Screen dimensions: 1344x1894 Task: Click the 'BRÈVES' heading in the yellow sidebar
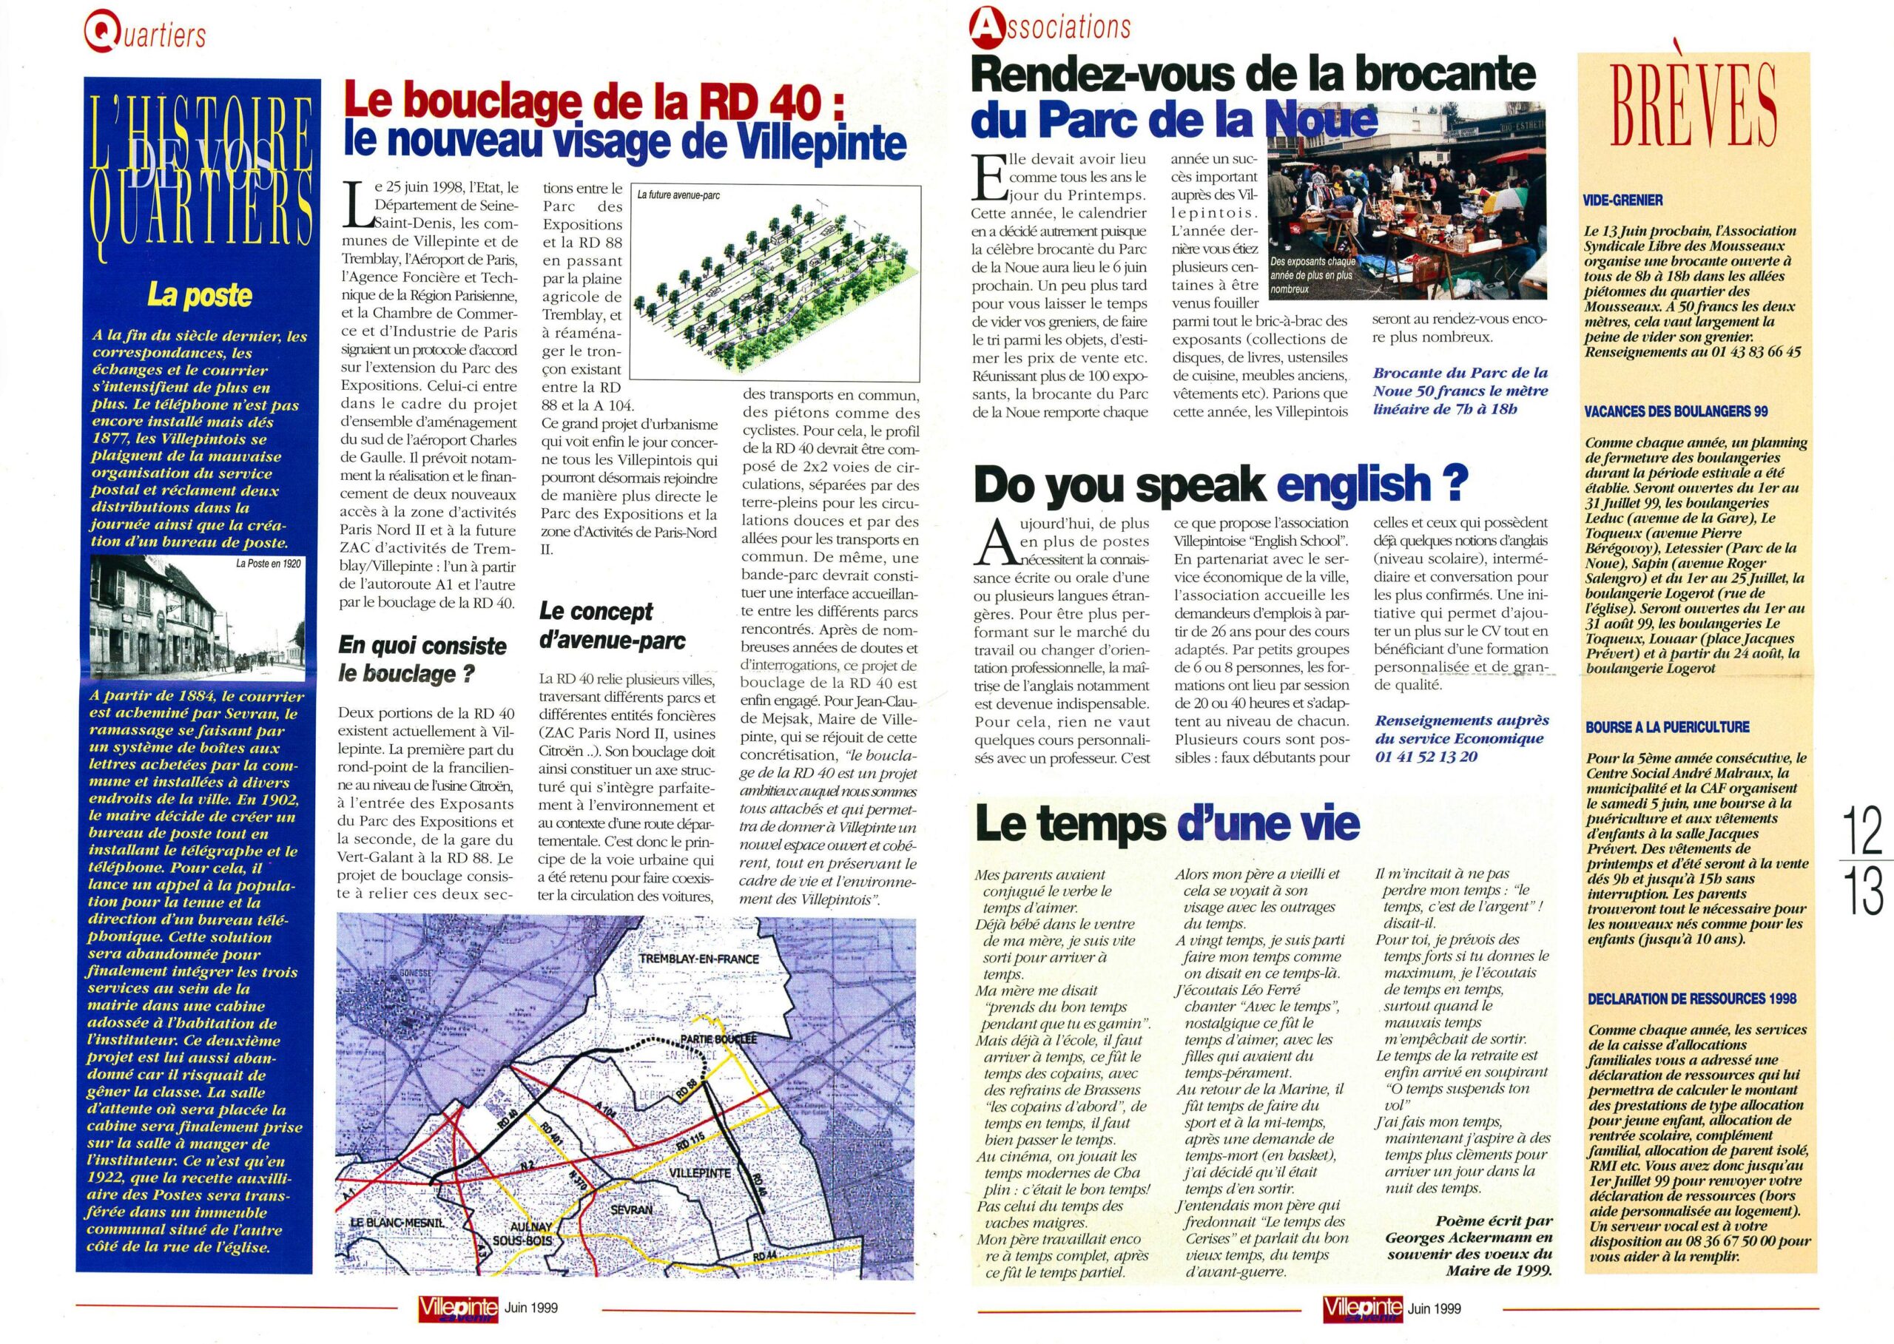[x=1694, y=117]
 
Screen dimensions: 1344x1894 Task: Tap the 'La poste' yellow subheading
[x=200, y=295]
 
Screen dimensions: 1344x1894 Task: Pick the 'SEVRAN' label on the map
[x=631, y=1209]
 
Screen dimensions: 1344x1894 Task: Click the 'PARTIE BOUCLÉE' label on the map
[x=718, y=1039]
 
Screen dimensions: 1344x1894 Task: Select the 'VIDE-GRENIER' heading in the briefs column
[x=1623, y=200]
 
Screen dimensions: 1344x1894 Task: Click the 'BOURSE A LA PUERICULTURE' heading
[x=1665, y=727]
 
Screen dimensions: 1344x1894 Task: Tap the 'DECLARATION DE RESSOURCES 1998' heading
[x=1691, y=999]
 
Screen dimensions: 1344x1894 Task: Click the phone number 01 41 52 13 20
[x=1426, y=757]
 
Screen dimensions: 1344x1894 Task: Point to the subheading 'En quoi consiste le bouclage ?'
[x=422, y=659]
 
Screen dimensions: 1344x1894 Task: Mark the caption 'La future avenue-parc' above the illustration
[x=678, y=195]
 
